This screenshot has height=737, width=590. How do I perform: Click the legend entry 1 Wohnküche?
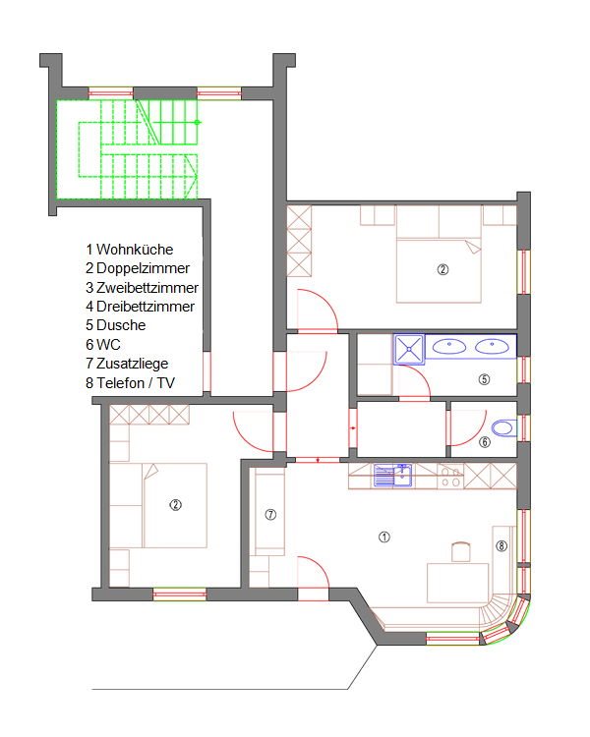point(130,250)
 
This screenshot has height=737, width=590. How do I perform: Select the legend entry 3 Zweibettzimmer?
point(142,287)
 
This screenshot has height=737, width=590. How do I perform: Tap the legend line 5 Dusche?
point(116,325)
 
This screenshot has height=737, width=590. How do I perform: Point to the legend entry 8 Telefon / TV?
point(131,382)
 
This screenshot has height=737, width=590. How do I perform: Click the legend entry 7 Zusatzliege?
point(127,364)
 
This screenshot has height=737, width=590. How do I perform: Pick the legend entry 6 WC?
point(103,345)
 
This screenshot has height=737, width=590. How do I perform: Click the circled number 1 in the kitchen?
point(384,537)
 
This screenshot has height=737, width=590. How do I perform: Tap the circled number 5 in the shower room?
point(484,379)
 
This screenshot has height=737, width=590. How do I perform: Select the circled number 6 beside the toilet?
point(485,442)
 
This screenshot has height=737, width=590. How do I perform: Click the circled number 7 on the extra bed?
point(270,515)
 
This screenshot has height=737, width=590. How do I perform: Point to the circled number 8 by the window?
point(501,545)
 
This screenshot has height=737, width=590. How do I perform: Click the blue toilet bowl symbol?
point(503,428)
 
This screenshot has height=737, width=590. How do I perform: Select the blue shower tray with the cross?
point(409,349)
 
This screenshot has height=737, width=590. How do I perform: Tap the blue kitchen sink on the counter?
point(393,476)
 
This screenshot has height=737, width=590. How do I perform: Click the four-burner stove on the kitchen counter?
point(450,476)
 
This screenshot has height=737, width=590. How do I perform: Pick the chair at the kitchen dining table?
point(461,552)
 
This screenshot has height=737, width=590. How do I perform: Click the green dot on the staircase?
point(197,122)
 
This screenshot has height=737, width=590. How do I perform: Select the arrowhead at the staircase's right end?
point(192,176)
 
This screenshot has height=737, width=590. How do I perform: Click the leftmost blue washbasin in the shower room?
point(449,347)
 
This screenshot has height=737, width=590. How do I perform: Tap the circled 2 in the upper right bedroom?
point(442,269)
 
